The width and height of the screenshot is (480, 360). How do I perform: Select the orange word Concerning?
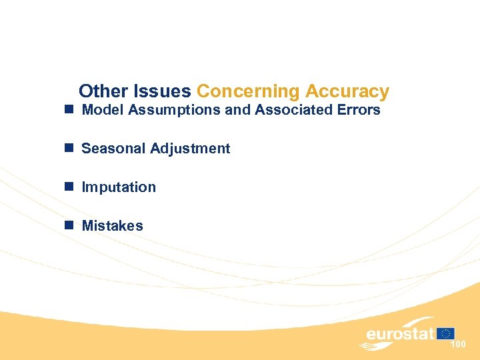point(248,91)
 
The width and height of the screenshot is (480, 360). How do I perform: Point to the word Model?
point(103,110)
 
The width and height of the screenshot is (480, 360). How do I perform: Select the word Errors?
point(359,110)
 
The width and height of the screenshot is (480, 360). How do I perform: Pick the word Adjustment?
point(190,149)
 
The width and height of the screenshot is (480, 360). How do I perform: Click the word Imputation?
point(119,188)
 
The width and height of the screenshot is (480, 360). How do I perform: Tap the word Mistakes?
point(112,226)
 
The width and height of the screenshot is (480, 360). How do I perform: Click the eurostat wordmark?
point(400,333)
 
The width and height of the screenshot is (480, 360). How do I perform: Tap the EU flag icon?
point(446,333)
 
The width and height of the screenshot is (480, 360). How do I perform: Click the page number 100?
point(458,345)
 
